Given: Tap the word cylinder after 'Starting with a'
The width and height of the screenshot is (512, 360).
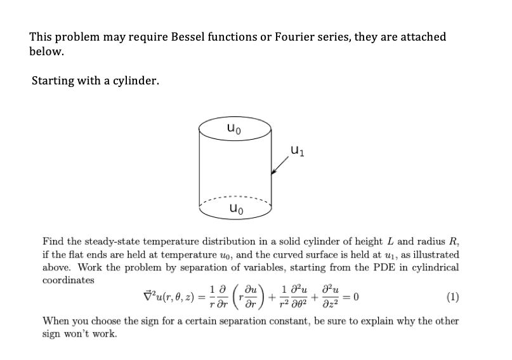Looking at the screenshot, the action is click(x=132, y=81).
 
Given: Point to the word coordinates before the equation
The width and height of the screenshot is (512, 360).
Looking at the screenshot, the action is click(x=69, y=279).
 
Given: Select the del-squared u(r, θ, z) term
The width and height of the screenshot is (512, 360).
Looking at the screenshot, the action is click(x=166, y=297).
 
